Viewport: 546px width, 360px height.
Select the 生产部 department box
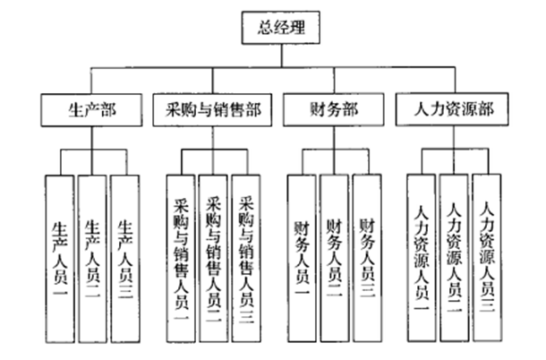click(90, 111)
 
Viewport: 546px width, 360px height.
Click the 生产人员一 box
click(60, 255)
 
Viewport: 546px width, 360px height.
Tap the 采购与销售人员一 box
click(181, 255)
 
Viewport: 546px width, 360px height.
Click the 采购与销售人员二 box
click(214, 255)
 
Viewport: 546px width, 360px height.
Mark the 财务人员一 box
click(303, 255)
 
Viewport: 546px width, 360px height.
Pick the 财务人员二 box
click(336, 255)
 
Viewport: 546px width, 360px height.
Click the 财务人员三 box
click(368, 255)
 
